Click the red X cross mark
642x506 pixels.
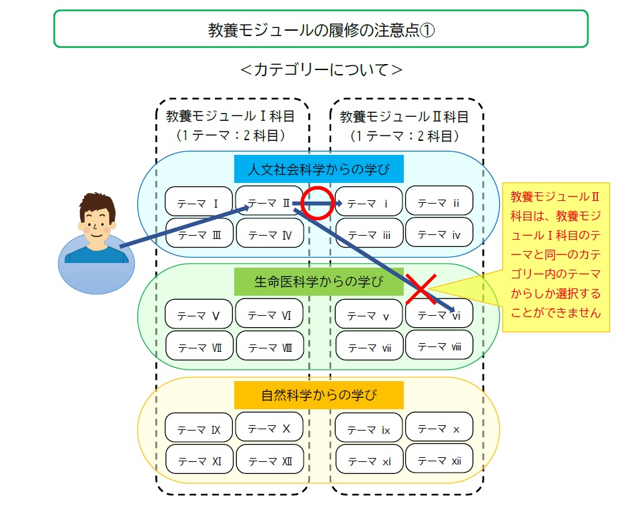click(421, 289)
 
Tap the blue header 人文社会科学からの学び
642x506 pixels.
click(318, 169)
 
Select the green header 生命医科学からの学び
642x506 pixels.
click(318, 282)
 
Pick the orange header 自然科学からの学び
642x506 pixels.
click(318, 395)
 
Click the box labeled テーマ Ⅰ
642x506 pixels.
click(199, 201)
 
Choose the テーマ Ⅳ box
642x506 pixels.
click(270, 233)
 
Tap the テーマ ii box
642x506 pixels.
click(439, 201)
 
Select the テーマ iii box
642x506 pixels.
click(369, 233)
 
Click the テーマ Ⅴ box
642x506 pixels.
click(199, 314)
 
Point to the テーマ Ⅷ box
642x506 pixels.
click(270, 346)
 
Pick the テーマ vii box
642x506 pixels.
click(369, 346)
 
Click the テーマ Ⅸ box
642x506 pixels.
click(199, 428)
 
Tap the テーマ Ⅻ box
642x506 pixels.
click(270, 459)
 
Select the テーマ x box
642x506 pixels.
click(439, 427)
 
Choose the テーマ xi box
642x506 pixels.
click(369, 459)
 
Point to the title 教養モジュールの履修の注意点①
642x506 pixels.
click(321, 29)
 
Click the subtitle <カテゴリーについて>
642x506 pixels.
click(321, 69)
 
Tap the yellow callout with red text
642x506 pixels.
click(556, 257)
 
